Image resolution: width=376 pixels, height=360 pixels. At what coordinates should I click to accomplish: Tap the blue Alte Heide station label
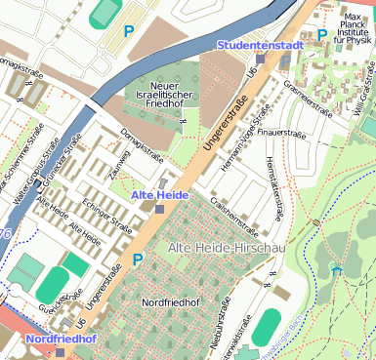tap(159, 195)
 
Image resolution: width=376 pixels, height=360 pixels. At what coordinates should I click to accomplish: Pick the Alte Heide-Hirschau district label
tap(227, 249)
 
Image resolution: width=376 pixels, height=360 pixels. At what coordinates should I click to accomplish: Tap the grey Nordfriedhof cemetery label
tap(172, 302)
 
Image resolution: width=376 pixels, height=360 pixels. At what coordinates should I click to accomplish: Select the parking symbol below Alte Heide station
tap(138, 260)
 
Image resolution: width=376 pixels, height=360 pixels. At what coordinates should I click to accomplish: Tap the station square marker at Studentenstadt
tap(285, 60)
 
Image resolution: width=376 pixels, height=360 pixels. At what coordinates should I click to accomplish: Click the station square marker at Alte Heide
tap(159, 209)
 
